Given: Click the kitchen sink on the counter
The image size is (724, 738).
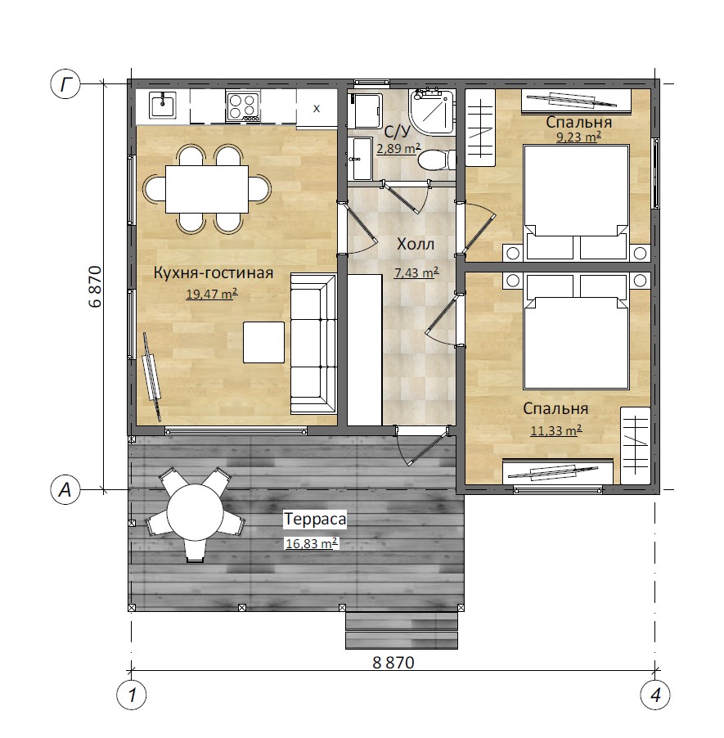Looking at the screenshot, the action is click(163, 105).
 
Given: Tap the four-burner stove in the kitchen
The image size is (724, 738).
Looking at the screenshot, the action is click(243, 106).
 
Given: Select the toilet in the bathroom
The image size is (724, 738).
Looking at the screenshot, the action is click(436, 160).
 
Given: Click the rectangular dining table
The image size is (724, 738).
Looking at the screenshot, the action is click(207, 189).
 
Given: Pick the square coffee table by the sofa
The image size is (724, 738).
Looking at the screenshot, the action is click(263, 342).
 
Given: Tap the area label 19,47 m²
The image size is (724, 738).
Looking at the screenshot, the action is click(212, 295).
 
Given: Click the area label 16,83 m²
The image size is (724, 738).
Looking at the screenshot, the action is click(312, 543).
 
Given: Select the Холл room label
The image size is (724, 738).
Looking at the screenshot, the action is click(416, 245).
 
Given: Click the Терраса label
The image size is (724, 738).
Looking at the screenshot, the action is click(315, 520).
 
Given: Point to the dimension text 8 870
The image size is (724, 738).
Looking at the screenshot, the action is click(393, 664).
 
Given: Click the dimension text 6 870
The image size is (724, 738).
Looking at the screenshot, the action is click(95, 286).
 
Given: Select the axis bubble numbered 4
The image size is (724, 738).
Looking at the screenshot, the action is click(655, 695).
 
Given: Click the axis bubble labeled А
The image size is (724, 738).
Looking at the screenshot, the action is click(65, 490).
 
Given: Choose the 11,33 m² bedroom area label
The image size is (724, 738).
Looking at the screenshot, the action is click(556, 430).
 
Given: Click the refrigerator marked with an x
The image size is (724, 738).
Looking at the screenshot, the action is click(317, 108).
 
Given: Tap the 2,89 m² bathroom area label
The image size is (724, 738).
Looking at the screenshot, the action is click(398, 149).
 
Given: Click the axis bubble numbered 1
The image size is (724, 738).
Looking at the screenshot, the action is click(132, 695).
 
